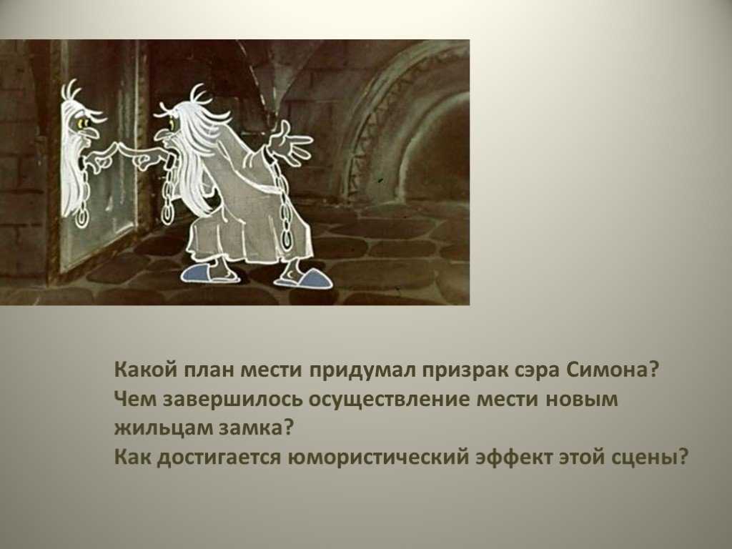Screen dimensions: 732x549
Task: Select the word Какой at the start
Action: [144, 370]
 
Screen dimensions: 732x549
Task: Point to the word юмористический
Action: [377, 457]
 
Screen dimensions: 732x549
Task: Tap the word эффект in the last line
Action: [513, 456]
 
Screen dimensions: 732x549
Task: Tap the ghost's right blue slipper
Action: [304, 278]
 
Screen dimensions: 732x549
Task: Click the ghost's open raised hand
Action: [290, 142]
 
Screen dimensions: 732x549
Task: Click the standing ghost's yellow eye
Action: [172, 124]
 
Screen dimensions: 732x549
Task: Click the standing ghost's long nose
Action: [162, 135]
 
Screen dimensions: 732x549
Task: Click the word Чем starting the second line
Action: [135, 399]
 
